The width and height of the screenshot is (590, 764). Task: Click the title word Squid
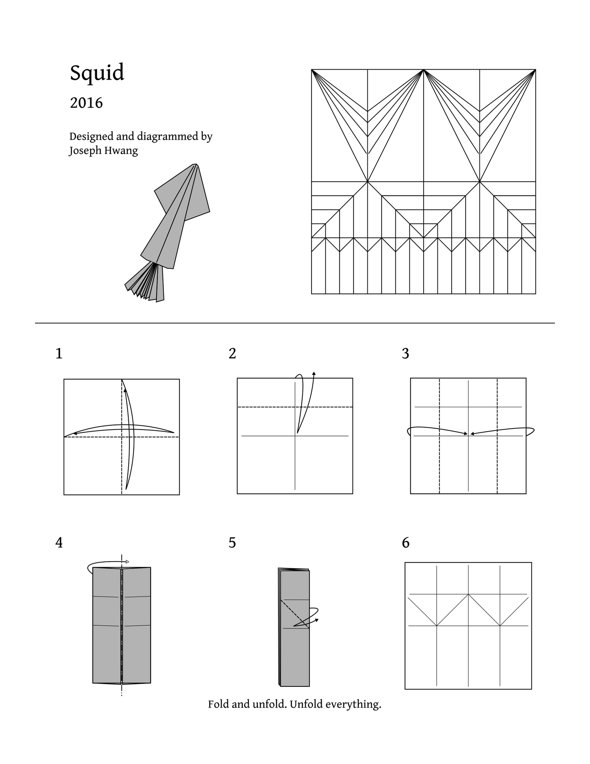[x=97, y=73]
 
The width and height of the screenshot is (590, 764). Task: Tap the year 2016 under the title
[x=86, y=103]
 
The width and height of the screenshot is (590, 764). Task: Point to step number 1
[x=59, y=354]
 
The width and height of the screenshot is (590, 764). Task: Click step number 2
[x=232, y=354]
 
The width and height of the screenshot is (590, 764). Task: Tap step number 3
[x=406, y=354]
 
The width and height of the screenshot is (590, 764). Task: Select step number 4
[x=59, y=543]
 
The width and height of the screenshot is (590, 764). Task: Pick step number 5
[x=232, y=543]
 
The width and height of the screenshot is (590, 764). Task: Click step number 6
[x=406, y=543]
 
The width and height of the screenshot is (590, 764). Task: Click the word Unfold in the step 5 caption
[x=304, y=704]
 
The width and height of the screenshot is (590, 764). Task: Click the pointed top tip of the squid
[x=195, y=165]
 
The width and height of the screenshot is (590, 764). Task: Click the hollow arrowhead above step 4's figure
[x=127, y=562]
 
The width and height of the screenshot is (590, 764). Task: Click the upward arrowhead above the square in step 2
[x=314, y=373]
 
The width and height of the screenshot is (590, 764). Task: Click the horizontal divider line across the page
[x=295, y=323]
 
